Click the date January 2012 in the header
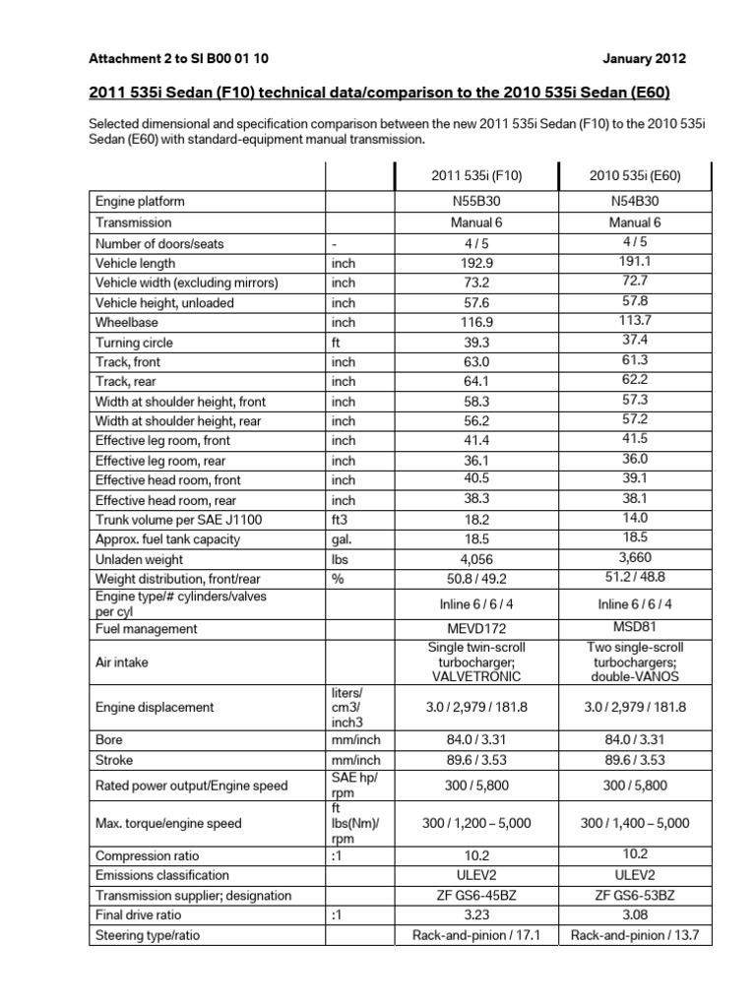[x=646, y=58]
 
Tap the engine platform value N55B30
[x=476, y=202]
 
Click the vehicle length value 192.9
[x=476, y=264]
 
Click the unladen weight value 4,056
[x=476, y=559]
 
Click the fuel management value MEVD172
[x=476, y=629]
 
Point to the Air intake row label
[x=122, y=662]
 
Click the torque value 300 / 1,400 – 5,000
[x=635, y=823]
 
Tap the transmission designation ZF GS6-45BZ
[x=476, y=896]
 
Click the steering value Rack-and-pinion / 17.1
[x=476, y=935]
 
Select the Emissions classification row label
[x=162, y=875]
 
